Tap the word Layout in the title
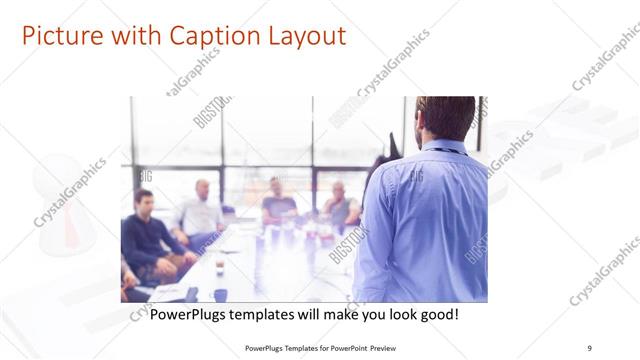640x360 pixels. click(x=301, y=36)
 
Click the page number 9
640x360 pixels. click(x=589, y=347)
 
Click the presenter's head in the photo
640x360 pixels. click(x=446, y=118)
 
